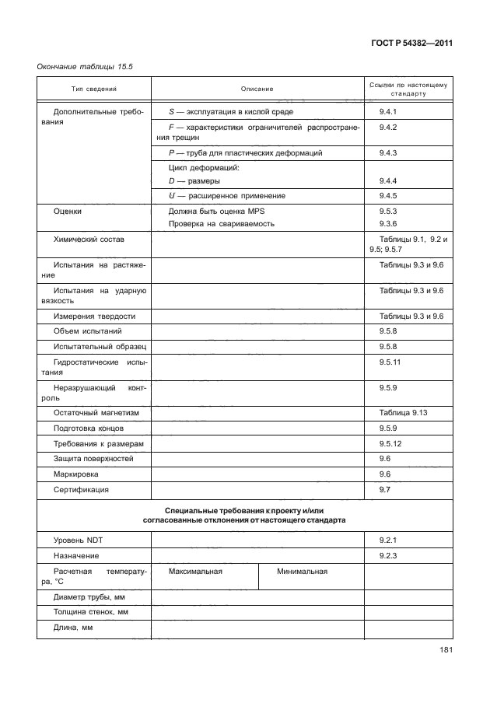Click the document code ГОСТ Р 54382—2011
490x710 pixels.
[x=412, y=43]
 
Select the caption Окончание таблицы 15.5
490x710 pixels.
[x=86, y=67]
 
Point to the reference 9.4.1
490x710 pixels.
[x=388, y=112]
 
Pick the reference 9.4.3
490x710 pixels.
[x=388, y=153]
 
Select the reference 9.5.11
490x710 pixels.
[x=390, y=362]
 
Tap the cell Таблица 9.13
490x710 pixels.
[x=404, y=412]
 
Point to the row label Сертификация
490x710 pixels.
[x=81, y=490]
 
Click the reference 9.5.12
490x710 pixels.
[x=390, y=443]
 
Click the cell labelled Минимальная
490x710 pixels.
[x=302, y=571]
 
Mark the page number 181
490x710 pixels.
[x=445, y=651]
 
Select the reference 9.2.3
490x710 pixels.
[x=388, y=555]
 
